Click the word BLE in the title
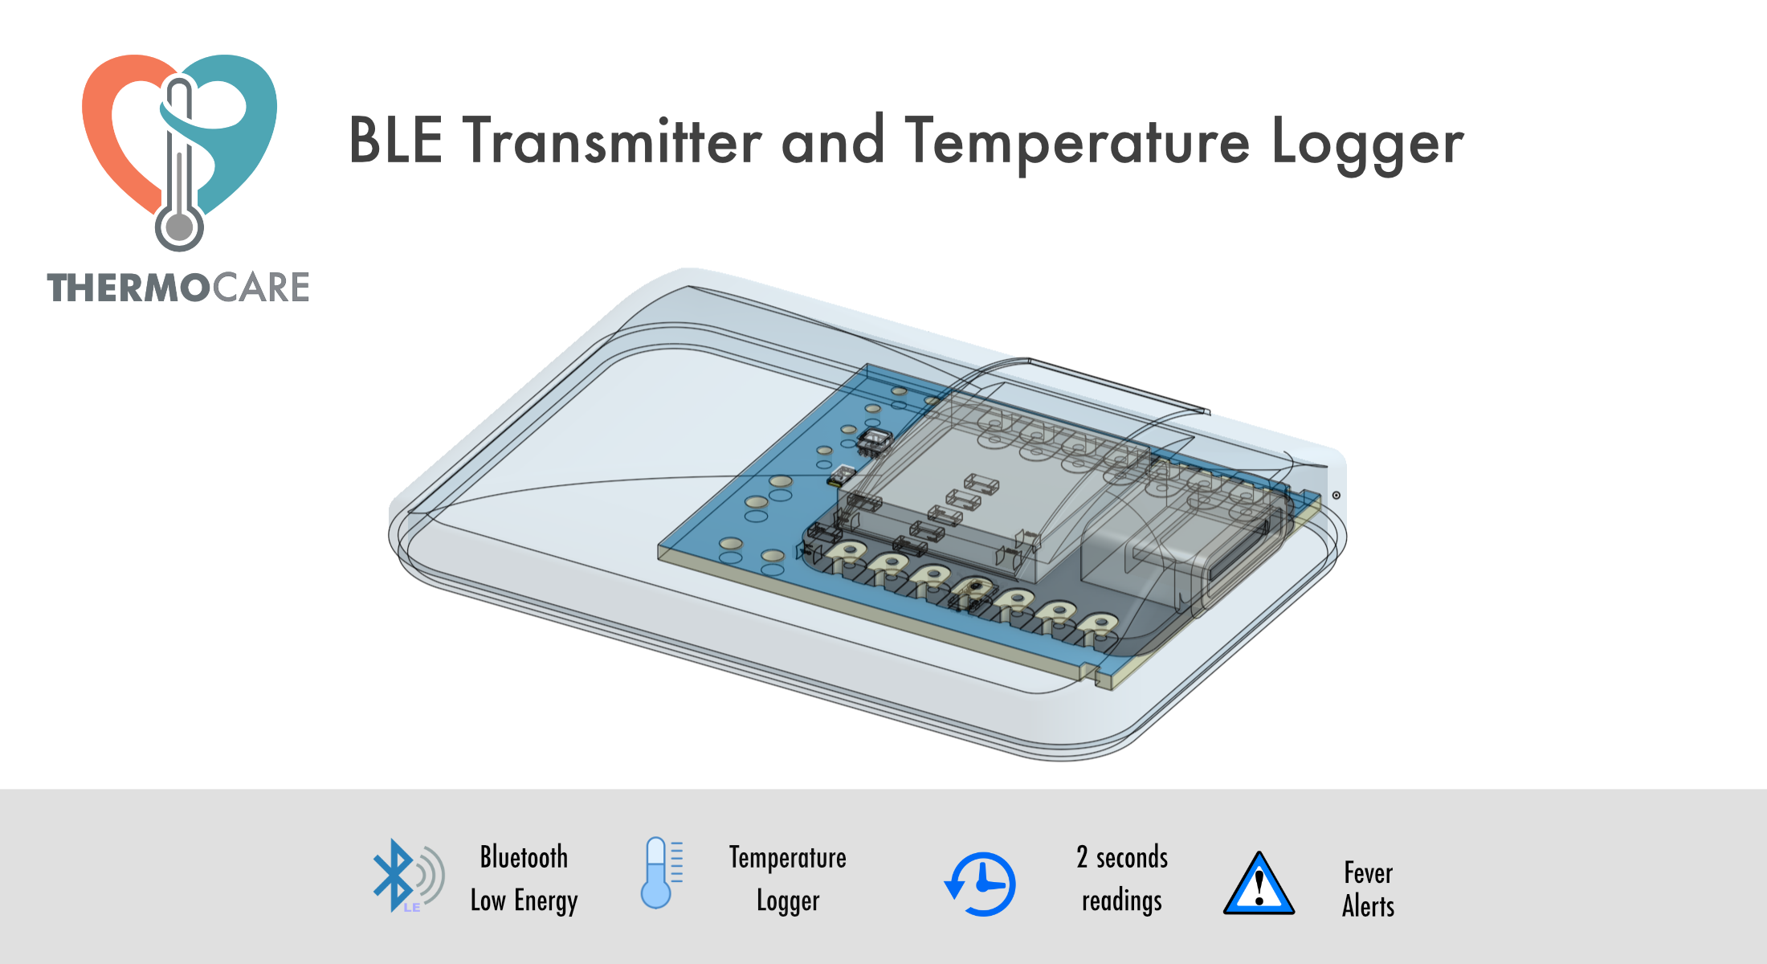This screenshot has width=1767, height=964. coord(395,141)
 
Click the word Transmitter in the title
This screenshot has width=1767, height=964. coord(612,141)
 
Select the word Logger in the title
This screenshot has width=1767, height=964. coord(1368,145)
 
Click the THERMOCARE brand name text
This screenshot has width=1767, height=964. coord(178,288)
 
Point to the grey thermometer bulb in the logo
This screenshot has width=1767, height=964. coord(179,227)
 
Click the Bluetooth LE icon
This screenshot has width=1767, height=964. coord(408,876)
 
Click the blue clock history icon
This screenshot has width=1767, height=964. coord(980,884)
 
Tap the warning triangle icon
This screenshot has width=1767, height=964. coord(1259,884)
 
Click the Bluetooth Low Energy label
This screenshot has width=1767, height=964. coord(524,879)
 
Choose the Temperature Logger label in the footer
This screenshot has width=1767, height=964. coord(788,879)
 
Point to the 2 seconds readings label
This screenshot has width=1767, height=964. coord(1122,879)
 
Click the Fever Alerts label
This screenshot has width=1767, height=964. coord(1369,889)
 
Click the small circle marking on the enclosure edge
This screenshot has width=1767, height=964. coord(1336,495)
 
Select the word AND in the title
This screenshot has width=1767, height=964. coord(833,141)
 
